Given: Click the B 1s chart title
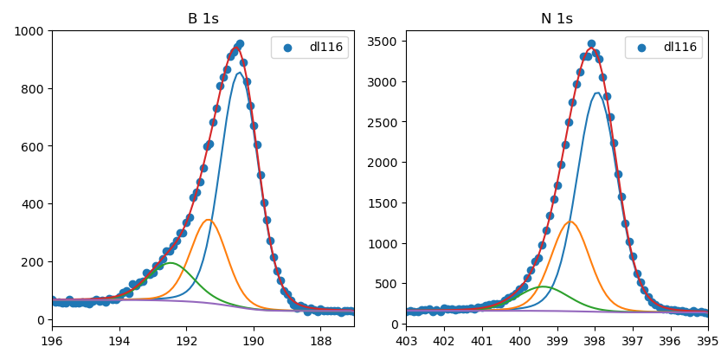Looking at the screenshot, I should pos(203,19).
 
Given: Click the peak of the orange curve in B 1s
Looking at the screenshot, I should pos(209,220).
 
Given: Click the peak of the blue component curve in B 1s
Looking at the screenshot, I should pos(239,73).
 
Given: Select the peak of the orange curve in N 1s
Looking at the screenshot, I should pos(570,222).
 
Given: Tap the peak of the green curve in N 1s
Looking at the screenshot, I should pos(543,286).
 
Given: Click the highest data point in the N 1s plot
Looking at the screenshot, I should pos(591,43).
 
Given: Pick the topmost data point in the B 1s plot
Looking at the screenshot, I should pos(240,43).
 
